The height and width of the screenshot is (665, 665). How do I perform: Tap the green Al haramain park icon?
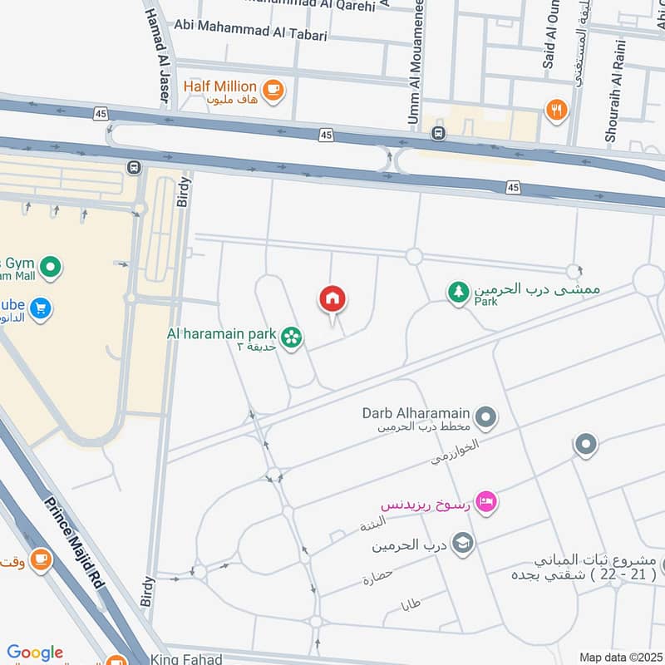[x=291, y=337]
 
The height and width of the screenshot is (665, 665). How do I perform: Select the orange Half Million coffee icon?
[x=271, y=88]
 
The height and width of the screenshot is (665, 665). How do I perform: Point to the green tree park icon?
[x=458, y=293]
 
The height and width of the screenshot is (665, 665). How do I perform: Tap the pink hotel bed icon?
[x=488, y=501]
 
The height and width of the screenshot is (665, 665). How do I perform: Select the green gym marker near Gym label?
[x=51, y=268]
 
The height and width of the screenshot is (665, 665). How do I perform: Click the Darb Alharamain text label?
[x=416, y=412]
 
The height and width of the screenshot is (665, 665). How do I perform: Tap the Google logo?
[x=35, y=653]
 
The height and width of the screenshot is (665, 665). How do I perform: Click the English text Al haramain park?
[x=223, y=334]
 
